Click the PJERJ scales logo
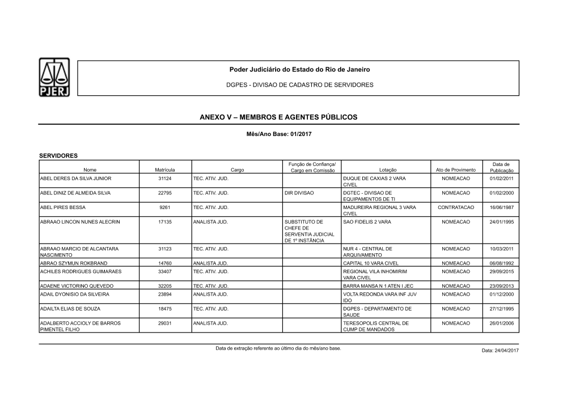tap(54, 77)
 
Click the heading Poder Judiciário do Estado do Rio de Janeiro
tap(299, 69)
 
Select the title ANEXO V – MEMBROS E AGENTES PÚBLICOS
tap(278, 117)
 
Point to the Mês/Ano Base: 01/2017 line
tap(278, 134)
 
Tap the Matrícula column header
tap(164, 170)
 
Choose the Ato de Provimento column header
tap(455, 170)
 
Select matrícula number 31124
tap(164, 178)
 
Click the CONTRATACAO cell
tap(455, 207)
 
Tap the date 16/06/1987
tap(501, 207)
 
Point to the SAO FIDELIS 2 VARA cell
tap(367, 222)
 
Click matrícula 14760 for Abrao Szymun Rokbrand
tap(164, 263)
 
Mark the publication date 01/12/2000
tap(501, 295)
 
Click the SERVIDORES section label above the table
tap(58, 155)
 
